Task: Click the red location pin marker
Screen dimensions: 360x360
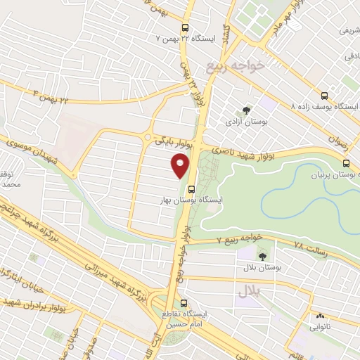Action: [180, 167]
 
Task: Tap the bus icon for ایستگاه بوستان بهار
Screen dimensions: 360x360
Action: [191, 188]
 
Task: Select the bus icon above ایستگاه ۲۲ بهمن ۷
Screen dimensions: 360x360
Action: [186, 22]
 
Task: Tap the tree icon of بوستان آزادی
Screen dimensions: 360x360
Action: [245, 110]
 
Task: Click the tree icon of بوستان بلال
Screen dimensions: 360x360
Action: [263, 256]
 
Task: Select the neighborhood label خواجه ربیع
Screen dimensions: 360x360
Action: [234, 66]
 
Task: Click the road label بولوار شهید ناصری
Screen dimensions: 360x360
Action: [243, 146]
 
